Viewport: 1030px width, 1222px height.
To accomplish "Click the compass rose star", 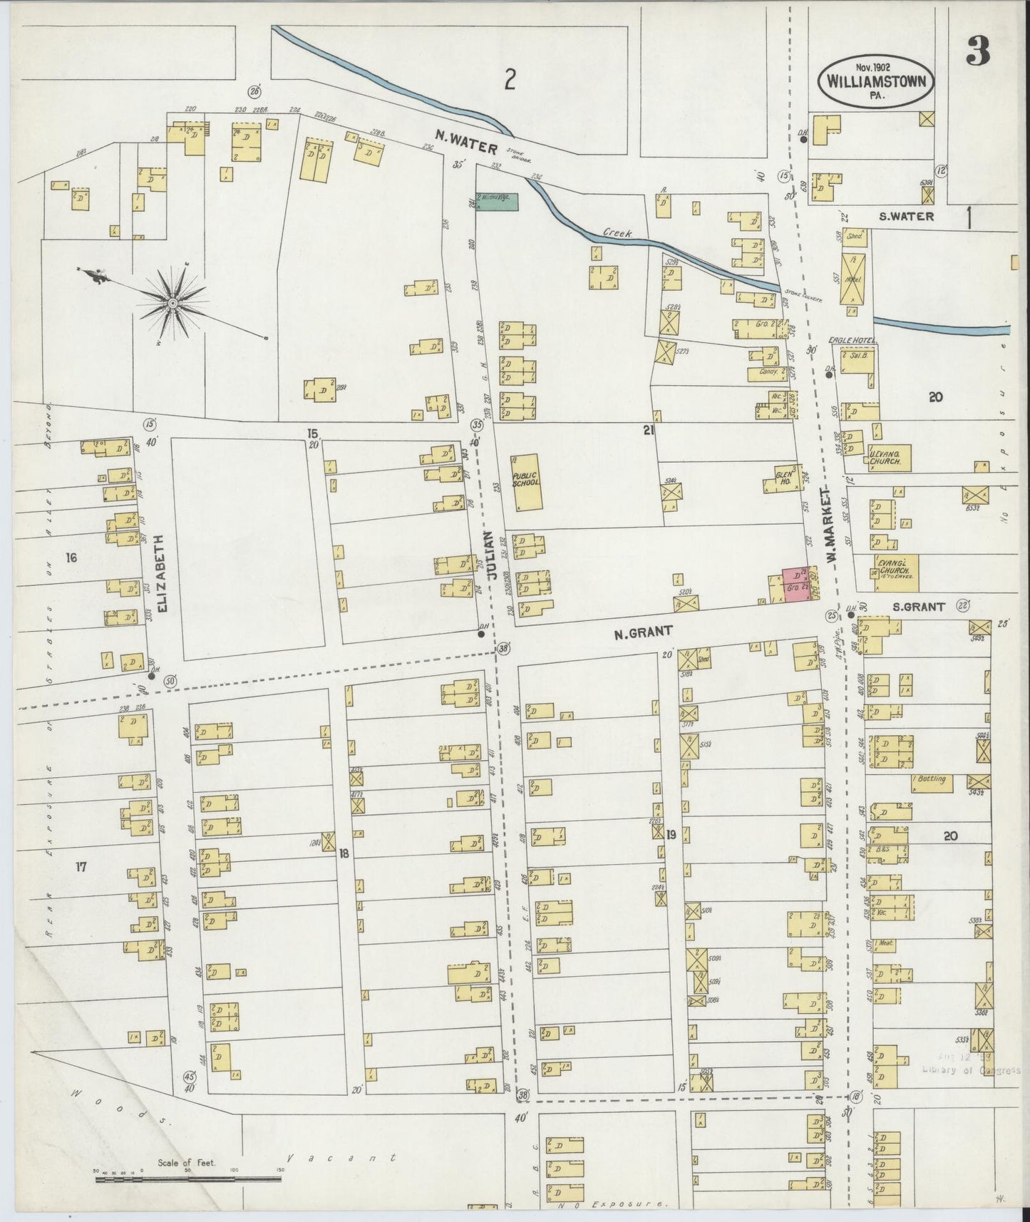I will coord(172,304).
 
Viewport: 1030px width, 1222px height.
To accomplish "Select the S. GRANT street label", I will coord(919,607).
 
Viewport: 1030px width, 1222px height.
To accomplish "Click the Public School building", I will coord(526,481).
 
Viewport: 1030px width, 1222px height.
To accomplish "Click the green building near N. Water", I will coord(497,202).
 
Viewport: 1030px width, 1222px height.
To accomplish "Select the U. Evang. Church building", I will coord(888,457).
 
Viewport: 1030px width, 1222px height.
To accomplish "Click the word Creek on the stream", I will coord(614,232).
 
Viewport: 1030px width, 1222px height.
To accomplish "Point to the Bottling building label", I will coord(932,779).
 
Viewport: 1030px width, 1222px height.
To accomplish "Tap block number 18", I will coord(343,853).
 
